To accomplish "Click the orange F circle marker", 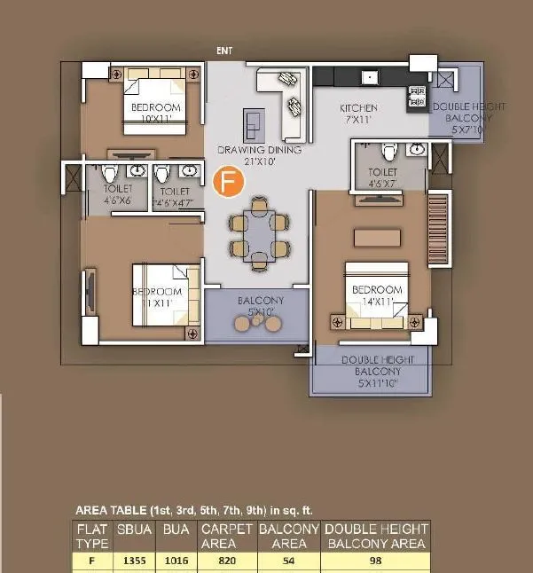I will coord(229,183).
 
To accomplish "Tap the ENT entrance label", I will coord(224,51).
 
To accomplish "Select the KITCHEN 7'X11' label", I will coord(358,114).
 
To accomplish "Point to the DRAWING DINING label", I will coord(259,156).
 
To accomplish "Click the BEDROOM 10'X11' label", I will coord(156,113).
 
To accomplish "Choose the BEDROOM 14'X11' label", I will coord(377,295).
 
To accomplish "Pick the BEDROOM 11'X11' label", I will coord(157,297).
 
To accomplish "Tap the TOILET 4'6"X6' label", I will coord(118,195).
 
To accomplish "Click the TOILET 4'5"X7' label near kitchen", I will coord(382,177).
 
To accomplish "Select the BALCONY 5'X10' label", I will coord(260,306).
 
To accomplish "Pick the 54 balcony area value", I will coord(288,561).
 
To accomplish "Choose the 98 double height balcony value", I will coord(376,561).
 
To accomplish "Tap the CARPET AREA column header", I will coord(227,536).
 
